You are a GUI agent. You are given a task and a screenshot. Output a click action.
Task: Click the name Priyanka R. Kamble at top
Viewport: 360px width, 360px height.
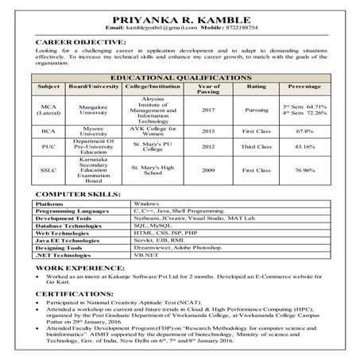[180, 17]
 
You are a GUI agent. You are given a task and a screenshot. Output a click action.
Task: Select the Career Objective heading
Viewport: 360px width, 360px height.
[80, 41]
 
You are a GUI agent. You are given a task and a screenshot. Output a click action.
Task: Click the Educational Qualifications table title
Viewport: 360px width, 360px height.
[180, 76]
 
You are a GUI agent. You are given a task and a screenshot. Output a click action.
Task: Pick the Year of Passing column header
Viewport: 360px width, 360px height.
[208, 88]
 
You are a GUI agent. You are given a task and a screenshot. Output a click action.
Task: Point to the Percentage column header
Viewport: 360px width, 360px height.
[304, 85]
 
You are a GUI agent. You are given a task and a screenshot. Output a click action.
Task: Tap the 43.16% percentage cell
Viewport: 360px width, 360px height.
[304, 147]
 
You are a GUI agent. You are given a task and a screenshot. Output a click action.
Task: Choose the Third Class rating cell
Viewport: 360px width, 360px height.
[257, 147]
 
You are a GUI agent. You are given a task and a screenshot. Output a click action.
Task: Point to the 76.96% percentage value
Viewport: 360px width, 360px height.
[304, 170]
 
